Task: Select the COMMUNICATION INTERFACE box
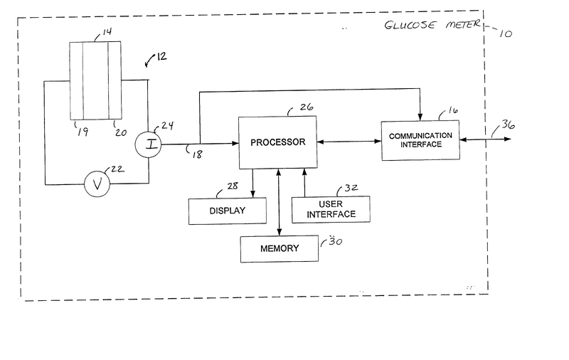pyautogui.click(x=420, y=139)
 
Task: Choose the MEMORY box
pyautogui.click(x=279, y=248)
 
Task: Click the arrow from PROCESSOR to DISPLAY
pyautogui.click(x=253, y=182)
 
